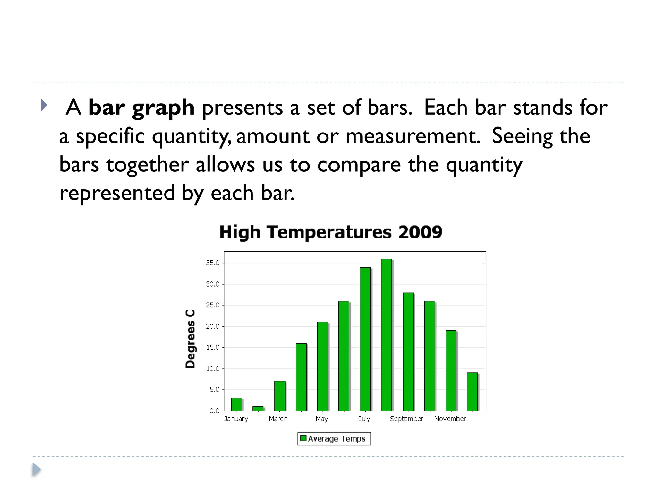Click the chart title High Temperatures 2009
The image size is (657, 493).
click(x=331, y=232)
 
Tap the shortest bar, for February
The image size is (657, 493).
click(x=258, y=409)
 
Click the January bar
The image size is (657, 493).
click(x=236, y=404)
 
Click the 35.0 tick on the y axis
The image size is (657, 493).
click(x=213, y=263)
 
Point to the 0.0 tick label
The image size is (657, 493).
click(x=214, y=411)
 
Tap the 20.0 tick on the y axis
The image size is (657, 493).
click(x=213, y=326)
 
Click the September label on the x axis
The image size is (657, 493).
click(x=406, y=419)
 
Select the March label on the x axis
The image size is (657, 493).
click(x=278, y=419)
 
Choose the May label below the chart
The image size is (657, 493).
click(x=322, y=419)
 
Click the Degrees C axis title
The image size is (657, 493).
click(x=190, y=339)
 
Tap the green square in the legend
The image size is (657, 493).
click(x=303, y=438)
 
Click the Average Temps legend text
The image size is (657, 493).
click(x=337, y=439)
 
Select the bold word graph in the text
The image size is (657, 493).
click(x=163, y=108)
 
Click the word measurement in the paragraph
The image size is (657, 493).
click(x=413, y=136)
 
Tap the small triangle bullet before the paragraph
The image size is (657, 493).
click(x=44, y=105)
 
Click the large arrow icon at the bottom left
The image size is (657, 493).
click(x=37, y=470)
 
